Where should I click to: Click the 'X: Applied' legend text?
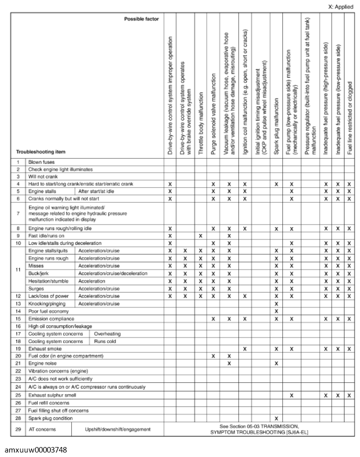[x=340, y=7]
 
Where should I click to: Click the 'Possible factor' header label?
[x=142, y=19]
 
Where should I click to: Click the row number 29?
[x=18, y=429]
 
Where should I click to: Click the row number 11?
[x=18, y=269]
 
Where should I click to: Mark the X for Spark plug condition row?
[x=276, y=418]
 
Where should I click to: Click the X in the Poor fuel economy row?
[x=276, y=311]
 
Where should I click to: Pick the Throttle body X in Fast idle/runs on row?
[x=200, y=235]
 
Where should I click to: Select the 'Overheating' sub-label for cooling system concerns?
[x=107, y=334]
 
